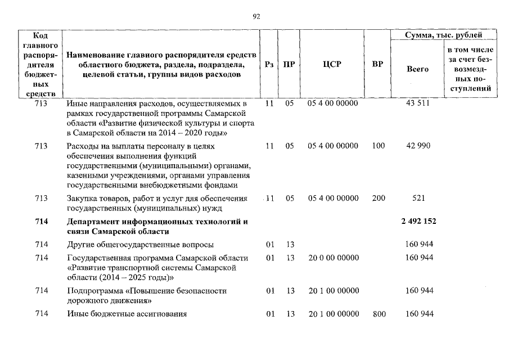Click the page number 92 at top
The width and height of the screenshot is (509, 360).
pos(256,17)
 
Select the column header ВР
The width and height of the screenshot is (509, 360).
pos(378,64)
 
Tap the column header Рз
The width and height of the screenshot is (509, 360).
pos(269,64)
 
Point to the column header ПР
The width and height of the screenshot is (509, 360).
pos(289,64)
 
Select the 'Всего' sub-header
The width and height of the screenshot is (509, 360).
pos(417,69)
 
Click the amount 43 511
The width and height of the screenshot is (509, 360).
pos(417,104)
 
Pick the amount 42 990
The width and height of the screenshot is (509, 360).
pos(417,146)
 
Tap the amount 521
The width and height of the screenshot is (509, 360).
pos(418,198)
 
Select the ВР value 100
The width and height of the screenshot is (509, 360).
pos(379,146)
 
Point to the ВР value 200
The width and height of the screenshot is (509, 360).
pos(379,198)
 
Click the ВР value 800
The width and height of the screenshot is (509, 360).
pos(379,314)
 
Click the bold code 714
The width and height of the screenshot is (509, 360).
pos(40,222)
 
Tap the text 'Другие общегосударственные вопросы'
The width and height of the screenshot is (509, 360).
pos(140,244)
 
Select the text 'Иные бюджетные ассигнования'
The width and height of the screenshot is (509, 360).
pos(127,314)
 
